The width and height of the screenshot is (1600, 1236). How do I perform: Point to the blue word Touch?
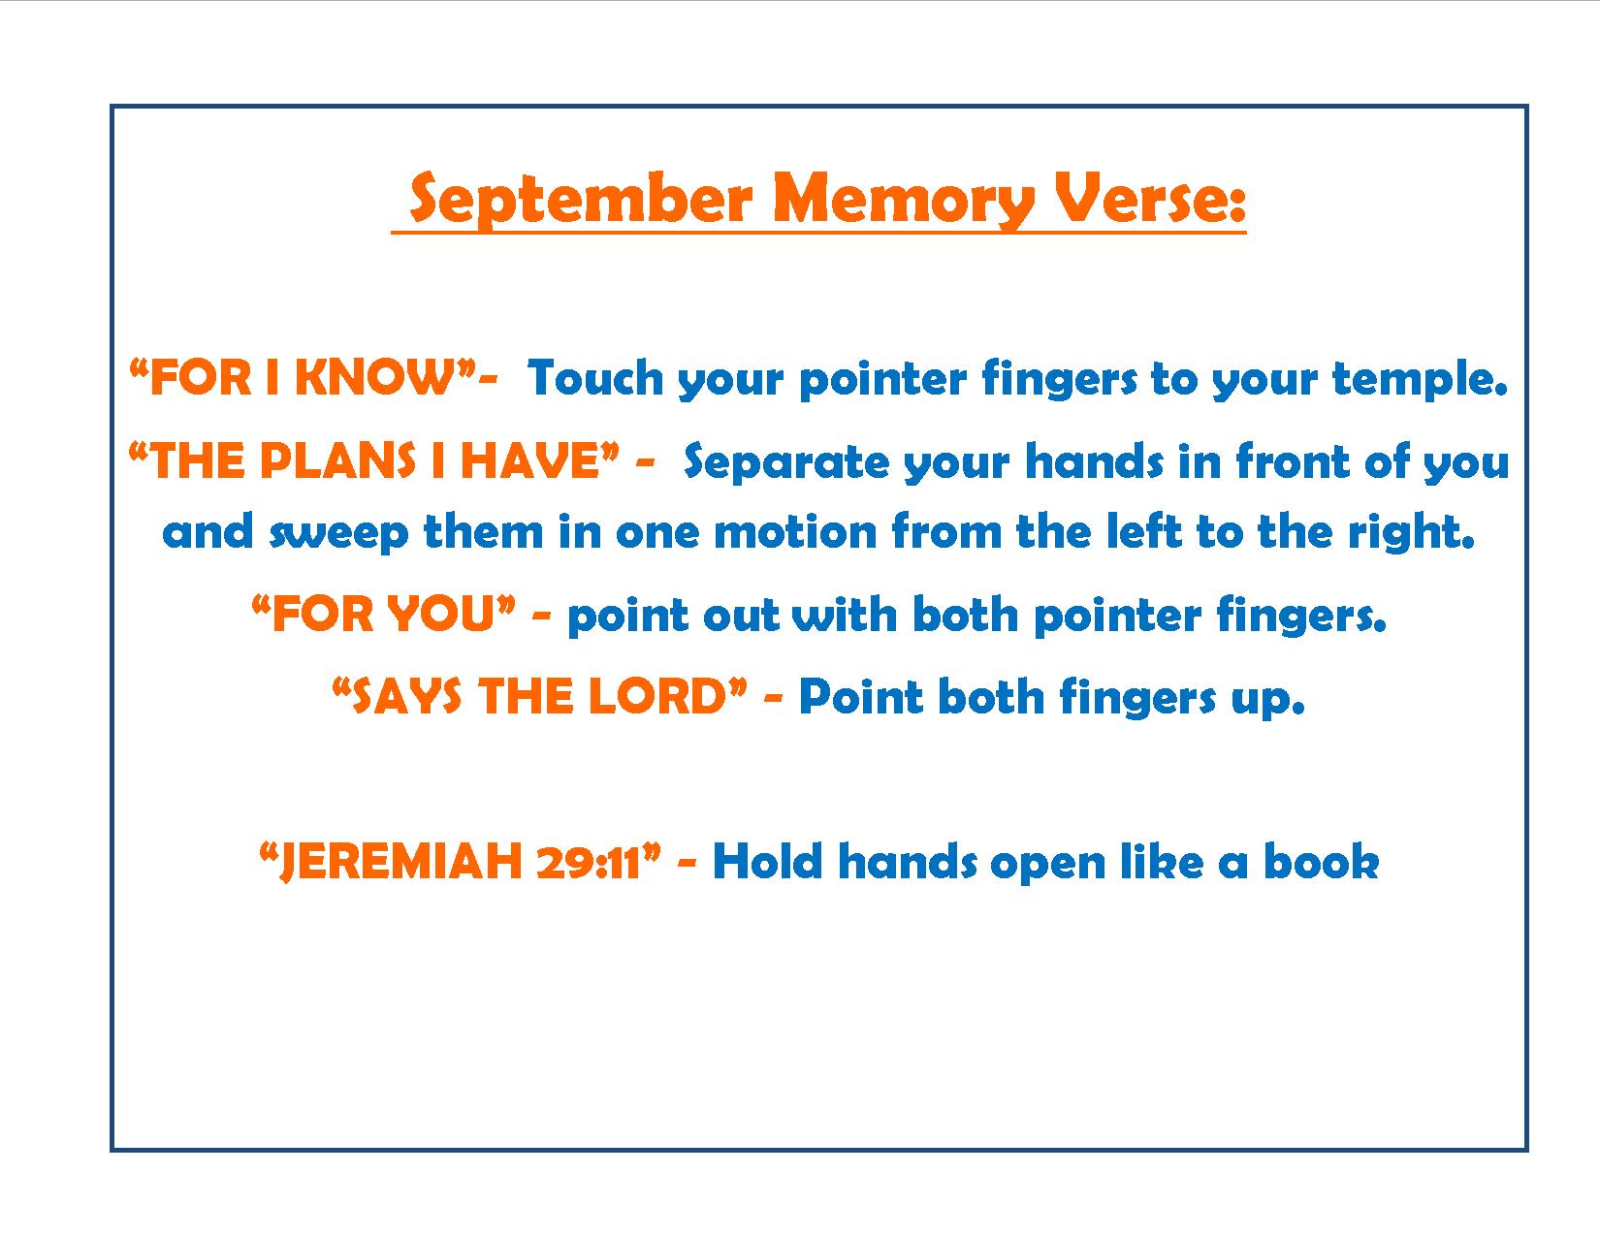(x=595, y=378)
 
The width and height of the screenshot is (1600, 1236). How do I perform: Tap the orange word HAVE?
(x=530, y=461)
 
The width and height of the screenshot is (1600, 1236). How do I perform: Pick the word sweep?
(x=338, y=533)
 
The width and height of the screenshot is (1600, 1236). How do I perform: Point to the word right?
(x=1411, y=532)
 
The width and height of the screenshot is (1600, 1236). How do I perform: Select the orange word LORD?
(x=658, y=696)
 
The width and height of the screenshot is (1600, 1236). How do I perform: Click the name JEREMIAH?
(x=402, y=862)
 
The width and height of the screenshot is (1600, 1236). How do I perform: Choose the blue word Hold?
(x=767, y=861)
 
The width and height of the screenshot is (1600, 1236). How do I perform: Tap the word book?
(x=1322, y=861)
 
